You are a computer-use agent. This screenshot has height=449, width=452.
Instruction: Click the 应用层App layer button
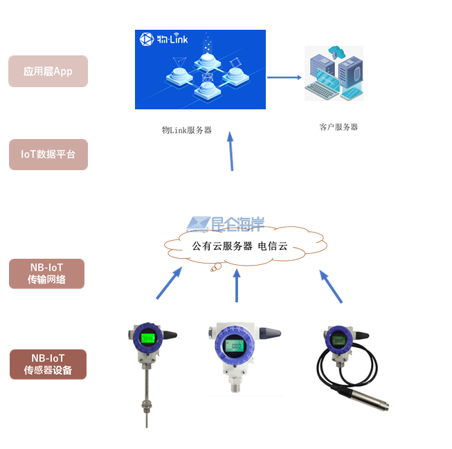(48, 71)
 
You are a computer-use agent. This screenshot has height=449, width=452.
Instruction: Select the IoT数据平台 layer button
(48, 154)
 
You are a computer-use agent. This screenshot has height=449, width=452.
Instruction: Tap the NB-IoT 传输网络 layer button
(47, 273)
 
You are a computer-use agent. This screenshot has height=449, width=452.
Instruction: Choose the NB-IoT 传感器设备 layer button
(48, 364)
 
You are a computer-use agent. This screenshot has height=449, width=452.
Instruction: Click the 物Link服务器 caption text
(187, 130)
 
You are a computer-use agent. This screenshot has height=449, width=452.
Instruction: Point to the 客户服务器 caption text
(338, 127)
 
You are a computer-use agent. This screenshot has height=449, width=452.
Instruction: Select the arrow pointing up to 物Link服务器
(230, 152)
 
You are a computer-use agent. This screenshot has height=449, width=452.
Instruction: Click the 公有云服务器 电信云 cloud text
(239, 246)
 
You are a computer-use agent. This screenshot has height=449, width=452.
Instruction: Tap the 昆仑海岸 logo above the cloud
(226, 223)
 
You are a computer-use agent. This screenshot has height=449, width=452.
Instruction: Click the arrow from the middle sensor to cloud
(237, 285)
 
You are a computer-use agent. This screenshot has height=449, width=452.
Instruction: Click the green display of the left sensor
(147, 338)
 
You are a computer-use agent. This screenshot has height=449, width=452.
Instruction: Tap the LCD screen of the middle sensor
(235, 345)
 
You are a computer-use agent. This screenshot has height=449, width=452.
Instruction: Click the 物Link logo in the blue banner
(163, 39)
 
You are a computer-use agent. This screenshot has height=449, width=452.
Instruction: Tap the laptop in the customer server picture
(329, 88)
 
